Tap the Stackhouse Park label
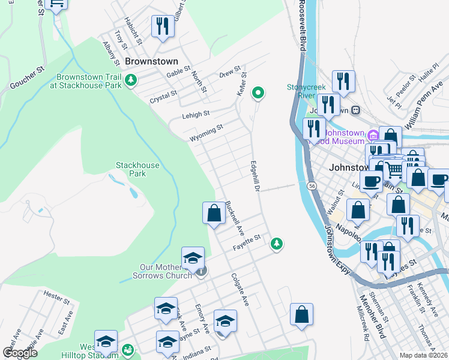(131, 169)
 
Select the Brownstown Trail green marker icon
(130, 79)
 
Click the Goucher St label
(28, 77)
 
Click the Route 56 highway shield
(312, 187)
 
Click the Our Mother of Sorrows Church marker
(202, 271)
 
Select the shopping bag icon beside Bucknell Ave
(214, 212)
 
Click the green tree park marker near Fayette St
(276, 243)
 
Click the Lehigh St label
(196, 113)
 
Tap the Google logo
(20, 352)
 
